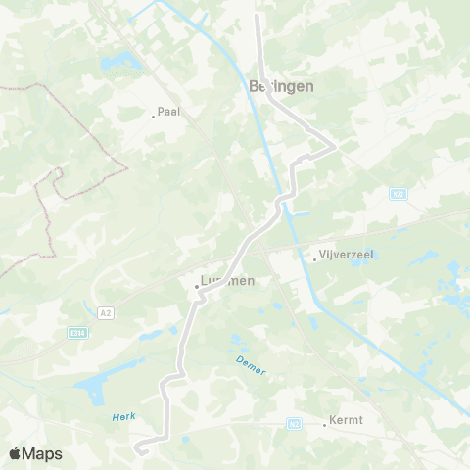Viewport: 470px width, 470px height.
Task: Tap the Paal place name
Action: [x=168, y=112]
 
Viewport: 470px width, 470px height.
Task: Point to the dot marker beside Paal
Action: [x=154, y=116]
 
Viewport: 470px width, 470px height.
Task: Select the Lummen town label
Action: [x=227, y=281]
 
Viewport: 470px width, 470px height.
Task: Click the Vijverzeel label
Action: [x=348, y=255]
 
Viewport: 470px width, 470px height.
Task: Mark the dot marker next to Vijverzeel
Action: [x=315, y=259]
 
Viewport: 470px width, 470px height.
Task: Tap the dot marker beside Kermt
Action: [x=325, y=424]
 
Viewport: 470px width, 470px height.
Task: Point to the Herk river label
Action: [x=123, y=416]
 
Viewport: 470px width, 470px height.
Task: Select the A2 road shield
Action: [x=106, y=312]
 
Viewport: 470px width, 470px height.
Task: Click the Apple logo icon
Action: [x=15, y=453]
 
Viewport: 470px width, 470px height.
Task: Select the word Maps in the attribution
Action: [x=43, y=453]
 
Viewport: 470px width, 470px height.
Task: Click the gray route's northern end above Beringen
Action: [x=258, y=16]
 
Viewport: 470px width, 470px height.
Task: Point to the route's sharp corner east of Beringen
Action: [x=335, y=147]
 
